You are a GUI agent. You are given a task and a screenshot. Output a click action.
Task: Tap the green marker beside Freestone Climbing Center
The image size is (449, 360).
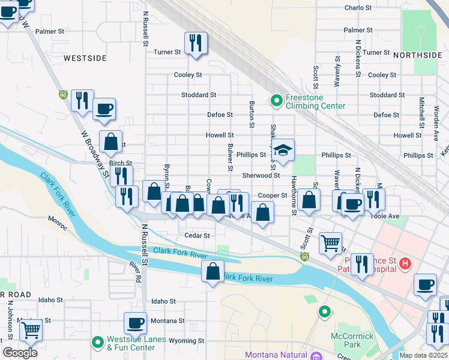tap(276, 101)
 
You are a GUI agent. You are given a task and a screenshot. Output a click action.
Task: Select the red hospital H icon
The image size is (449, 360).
tap(405, 263)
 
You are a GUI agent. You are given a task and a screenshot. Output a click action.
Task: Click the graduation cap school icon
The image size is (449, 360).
tap(285, 150)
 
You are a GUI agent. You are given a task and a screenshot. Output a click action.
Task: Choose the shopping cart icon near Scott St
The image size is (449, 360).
tap(330, 243)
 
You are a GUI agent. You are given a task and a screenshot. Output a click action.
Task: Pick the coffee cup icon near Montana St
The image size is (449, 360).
tap(135, 323)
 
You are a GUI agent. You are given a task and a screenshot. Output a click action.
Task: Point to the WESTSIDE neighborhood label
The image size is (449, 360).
tap(85, 58)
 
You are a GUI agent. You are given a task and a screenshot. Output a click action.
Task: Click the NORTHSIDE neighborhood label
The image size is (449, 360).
tap(417, 55)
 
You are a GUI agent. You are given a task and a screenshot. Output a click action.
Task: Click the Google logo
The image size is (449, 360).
tap(20, 353)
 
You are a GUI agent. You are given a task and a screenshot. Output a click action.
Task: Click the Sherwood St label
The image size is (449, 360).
tap(261, 175)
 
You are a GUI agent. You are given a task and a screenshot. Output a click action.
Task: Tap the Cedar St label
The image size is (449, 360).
tap(197, 236)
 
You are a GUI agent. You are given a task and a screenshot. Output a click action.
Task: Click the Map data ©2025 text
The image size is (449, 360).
tap(423, 355)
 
